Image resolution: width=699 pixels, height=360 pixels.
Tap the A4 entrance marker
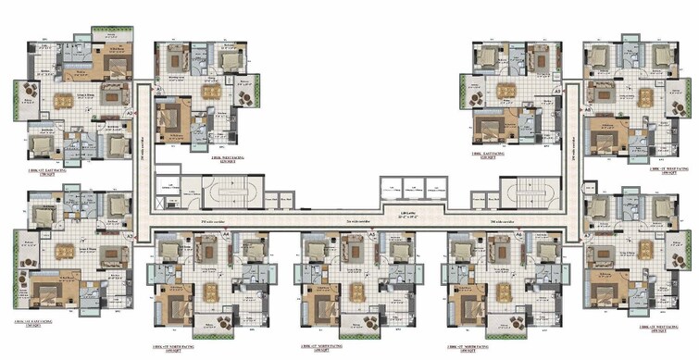point(226,237)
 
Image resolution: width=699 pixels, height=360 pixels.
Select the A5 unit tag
point(372,237)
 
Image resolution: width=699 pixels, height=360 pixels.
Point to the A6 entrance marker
point(519,237)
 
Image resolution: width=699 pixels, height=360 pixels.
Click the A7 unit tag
point(587,237)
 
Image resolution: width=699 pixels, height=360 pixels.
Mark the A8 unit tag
point(587,108)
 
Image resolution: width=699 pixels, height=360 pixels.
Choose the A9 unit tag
point(558,93)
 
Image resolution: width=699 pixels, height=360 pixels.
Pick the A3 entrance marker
point(159,90)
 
